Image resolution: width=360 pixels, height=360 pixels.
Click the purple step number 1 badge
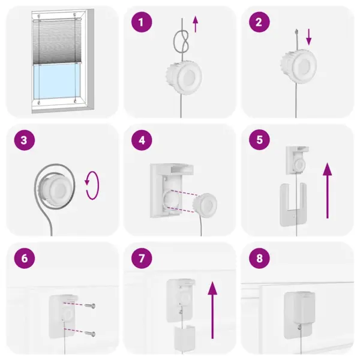(x=142, y=23)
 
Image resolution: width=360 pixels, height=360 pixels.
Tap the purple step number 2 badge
(x=259, y=23)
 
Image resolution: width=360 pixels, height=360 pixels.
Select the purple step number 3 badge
(x=24, y=141)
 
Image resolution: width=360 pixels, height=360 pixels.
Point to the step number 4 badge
(x=142, y=141)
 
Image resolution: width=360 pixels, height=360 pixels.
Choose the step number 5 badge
(x=259, y=141)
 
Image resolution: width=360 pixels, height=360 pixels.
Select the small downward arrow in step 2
(x=310, y=37)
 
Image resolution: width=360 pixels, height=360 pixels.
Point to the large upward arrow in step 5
(x=327, y=191)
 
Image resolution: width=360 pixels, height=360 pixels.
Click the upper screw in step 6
(x=89, y=307)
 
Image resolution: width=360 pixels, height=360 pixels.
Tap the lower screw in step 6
(x=89, y=334)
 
